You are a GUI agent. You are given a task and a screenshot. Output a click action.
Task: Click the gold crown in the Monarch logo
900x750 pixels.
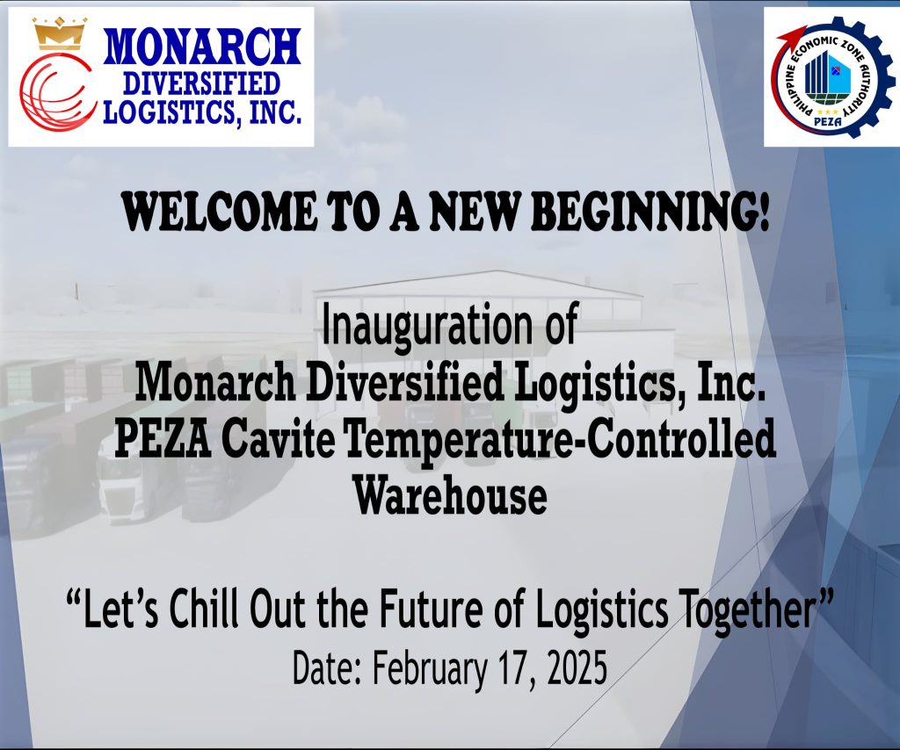point(60,32)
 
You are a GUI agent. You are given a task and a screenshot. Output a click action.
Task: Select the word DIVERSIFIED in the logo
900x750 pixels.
point(203,83)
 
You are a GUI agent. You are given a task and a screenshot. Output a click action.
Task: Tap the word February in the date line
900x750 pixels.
point(430,669)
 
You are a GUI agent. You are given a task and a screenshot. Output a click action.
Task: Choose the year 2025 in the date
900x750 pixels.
point(577,668)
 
